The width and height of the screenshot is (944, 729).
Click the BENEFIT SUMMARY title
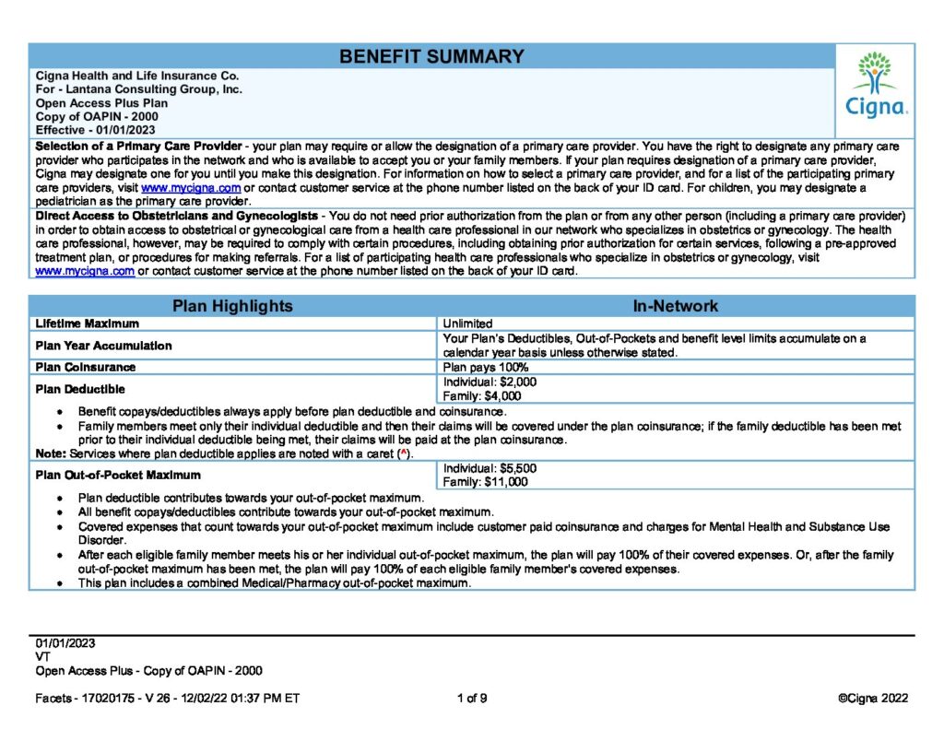coord(431,56)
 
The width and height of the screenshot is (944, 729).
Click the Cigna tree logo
coord(876,84)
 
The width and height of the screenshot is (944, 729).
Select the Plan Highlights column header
coord(232,306)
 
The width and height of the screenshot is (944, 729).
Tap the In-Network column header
coord(675,306)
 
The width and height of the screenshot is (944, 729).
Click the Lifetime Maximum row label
coord(87,324)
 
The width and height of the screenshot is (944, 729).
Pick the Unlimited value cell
coord(467,324)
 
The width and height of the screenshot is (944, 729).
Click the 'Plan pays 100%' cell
coord(486,368)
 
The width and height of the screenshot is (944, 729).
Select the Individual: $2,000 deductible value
coord(490,382)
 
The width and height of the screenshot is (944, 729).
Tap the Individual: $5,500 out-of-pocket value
coord(490,468)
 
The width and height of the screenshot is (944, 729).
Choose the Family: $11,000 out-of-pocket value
coord(485,481)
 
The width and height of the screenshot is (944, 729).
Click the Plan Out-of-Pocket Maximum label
coord(117,475)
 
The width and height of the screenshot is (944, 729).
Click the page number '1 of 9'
coord(472,699)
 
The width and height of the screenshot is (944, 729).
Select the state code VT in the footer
coord(42,657)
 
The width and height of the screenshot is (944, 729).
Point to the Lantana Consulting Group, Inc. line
coord(138,89)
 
